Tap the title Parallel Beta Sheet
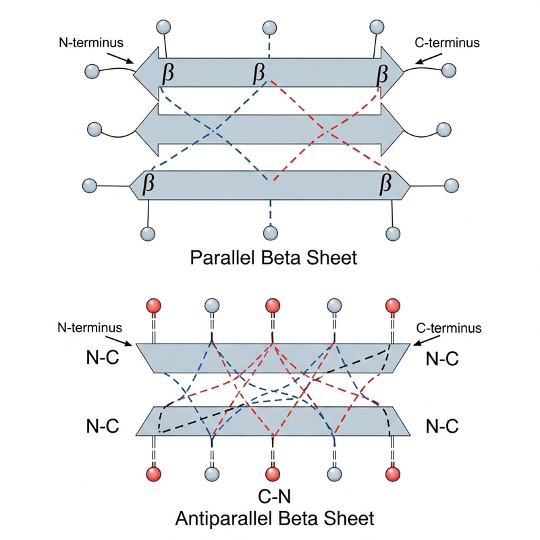(273, 258)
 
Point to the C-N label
(273, 497)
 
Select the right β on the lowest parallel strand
(386, 182)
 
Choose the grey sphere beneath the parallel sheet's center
(271, 233)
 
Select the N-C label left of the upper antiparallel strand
(103, 358)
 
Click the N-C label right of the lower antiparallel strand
(443, 426)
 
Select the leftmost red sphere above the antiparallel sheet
(154, 305)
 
